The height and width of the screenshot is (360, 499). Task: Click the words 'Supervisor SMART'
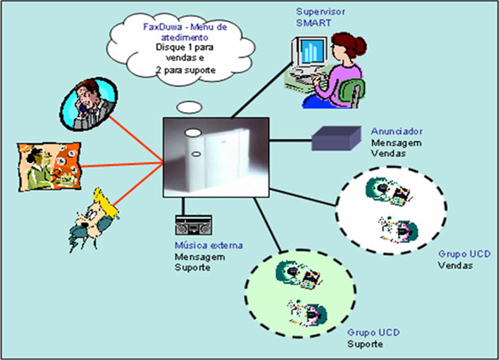point(316,17)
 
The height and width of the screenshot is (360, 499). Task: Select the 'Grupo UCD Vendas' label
point(464,259)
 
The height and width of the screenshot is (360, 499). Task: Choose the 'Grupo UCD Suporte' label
point(373,339)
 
